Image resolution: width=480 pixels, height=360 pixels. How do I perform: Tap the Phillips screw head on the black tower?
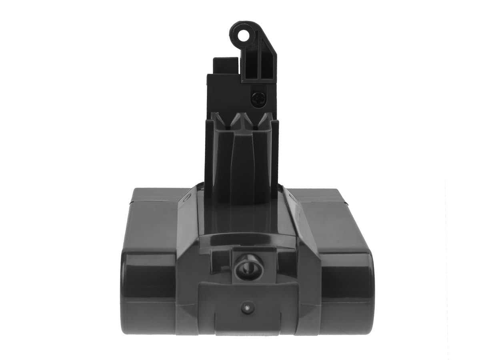pos(258,98)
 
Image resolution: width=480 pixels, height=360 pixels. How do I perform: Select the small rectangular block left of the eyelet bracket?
pos(225,65)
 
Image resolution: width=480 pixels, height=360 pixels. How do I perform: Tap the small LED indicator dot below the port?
pos(248,308)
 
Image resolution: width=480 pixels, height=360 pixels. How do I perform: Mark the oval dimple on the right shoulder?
pos(292,197)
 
